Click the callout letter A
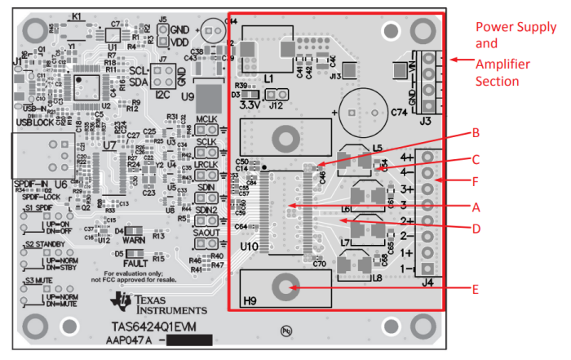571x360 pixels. coord(487,207)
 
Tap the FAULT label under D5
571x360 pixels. coord(135,264)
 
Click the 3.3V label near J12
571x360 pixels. coord(251,104)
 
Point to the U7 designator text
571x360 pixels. coord(108,147)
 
